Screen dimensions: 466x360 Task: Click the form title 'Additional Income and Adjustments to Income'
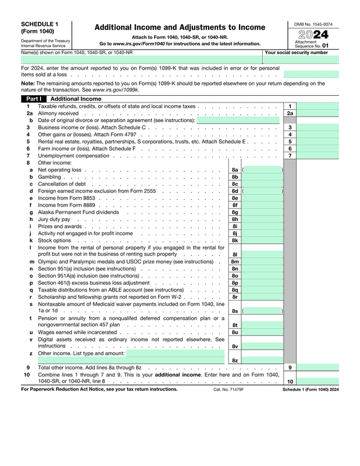(x=179, y=27)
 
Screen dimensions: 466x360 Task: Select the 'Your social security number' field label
(x=296, y=52)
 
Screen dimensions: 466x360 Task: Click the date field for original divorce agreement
(x=238, y=120)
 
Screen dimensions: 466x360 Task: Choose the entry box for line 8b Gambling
(x=262, y=177)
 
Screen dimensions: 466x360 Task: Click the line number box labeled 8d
(x=235, y=191)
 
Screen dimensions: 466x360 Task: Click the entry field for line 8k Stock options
(x=262, y=240)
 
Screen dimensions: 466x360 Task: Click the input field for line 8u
(x=262, y=332)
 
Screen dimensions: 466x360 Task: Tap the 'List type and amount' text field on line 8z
(x=174, y=353)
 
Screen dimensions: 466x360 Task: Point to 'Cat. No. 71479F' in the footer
(x=228, y=389)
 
